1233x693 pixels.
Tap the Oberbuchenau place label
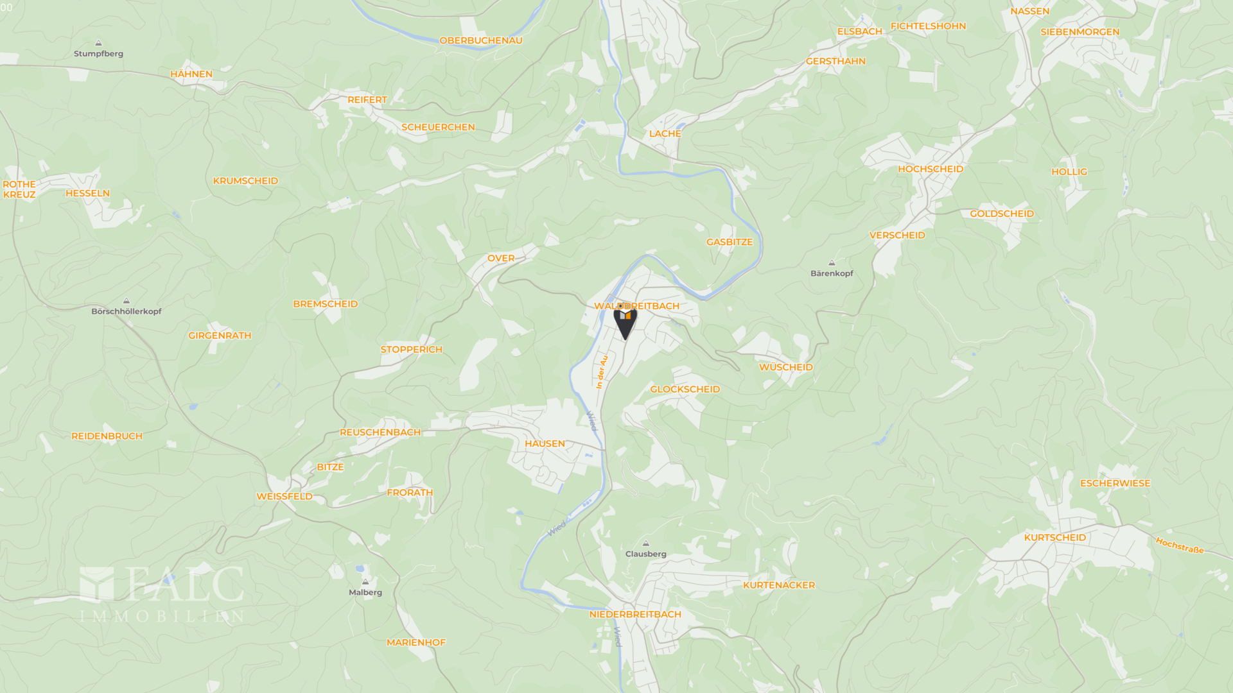coord(480,40)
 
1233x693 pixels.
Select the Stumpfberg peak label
coord(98,54)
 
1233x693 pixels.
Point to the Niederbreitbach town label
coord(635,614)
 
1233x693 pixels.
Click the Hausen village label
coord(545,443)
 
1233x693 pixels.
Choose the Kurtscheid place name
coord(1054,538)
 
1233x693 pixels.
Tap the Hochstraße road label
coord(1179,545)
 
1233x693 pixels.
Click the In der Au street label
coord(601,372)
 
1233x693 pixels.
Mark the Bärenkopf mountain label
coord(832,273)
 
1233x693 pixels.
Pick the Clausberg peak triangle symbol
coord(646,543)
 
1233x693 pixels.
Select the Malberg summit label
coord(365,592)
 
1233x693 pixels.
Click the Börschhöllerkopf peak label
coord(127,311)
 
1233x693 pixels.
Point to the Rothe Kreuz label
coord(19,189)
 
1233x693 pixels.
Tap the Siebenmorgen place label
coord(1080,32)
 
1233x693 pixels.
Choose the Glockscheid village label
coord(685,389)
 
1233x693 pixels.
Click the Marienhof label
coord(415,642)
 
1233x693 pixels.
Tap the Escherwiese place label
coord(1115,483)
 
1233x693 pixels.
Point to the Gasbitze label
coord(729,242)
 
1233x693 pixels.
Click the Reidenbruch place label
coord(107,436)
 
